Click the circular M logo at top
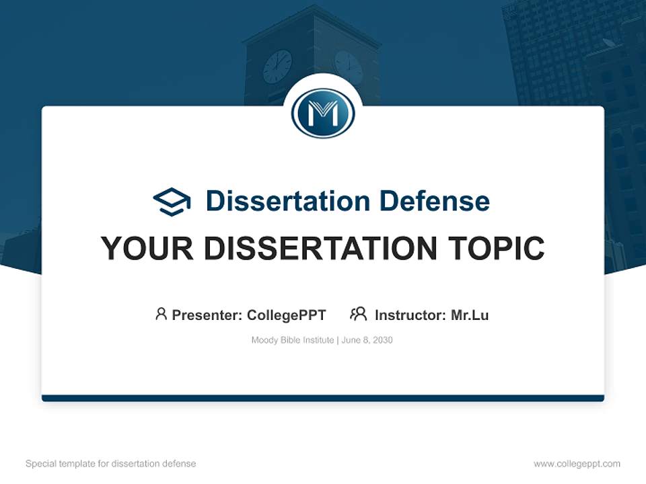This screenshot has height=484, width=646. (323, 114)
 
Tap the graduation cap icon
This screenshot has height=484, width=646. (172, 202)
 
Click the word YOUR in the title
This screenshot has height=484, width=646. (147, 249)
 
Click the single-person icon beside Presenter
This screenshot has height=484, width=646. (161, 314)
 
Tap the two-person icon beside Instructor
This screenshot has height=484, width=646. (358, 314)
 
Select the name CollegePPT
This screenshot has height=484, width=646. (286, 315)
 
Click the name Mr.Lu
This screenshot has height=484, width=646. (470, 315)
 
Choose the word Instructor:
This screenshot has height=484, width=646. (410, 315)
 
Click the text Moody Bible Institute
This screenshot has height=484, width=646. (292, 340)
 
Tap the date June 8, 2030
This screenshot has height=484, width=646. (367, 340)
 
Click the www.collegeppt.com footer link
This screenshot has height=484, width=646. (577, 464)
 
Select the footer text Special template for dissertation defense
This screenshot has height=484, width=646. (110, 464)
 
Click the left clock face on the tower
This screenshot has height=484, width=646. (277, 67)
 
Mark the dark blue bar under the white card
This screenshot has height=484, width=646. (323, 398)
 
